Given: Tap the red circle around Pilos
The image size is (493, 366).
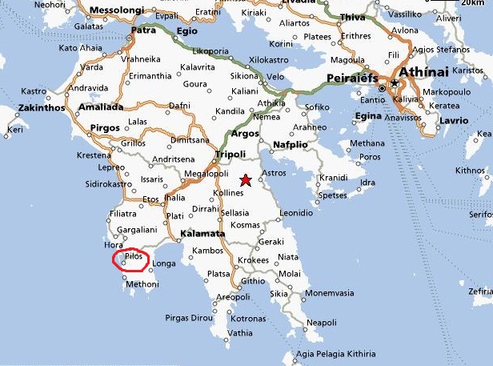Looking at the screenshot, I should (130, 260).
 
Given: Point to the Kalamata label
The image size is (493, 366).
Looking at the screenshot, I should (202, 234).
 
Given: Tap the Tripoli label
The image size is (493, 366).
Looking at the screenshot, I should (230, 155).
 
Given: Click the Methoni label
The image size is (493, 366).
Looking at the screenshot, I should (142, 284).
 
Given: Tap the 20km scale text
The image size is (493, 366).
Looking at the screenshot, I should (472, 17).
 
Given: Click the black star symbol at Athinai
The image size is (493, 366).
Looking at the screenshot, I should (395, 82).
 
